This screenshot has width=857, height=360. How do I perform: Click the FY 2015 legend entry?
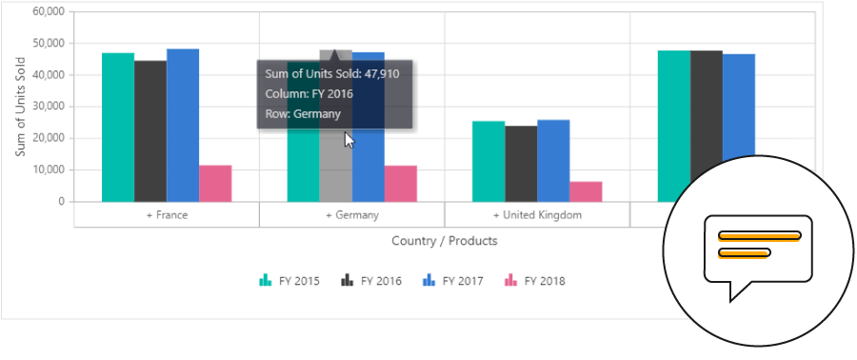[x=291, y=281]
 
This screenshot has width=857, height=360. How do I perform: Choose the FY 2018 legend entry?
[x=536, y=281]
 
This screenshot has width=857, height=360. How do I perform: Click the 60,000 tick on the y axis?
[x=48, y=11]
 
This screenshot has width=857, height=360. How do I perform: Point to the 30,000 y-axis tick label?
[x=48, y=107]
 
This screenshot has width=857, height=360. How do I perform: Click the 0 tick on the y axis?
[x=61, y=202]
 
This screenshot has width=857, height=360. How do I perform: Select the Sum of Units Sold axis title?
[x=20, y=107]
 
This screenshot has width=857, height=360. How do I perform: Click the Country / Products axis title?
[x=445, y=241]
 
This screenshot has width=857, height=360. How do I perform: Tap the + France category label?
[x=167, y=215]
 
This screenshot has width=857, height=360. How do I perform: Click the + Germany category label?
[x=352, y=215]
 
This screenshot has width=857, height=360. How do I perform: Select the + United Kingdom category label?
[x=537, y=215]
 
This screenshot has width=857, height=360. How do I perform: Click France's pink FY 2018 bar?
[x=215, y=184]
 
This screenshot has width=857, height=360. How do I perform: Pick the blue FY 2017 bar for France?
[x=183, y=125]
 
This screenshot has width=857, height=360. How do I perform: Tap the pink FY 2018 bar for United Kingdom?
[x=586, y=191]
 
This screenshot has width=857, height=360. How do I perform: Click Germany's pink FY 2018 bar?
[x=400, y=184]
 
